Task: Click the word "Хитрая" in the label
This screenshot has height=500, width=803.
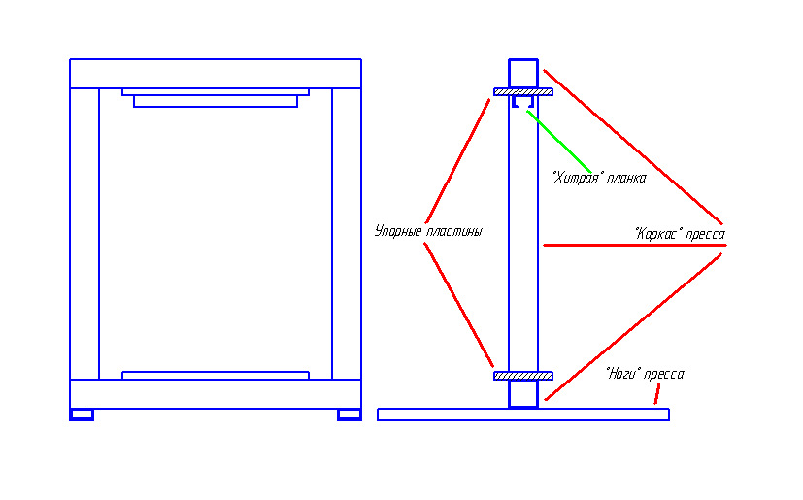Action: pyautogui.click(x=576, y=178)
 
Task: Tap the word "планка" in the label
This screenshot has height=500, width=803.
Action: pyautogui.click(x=626, y=179)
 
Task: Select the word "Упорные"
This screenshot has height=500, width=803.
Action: pyautogui.click(x=398, y=232)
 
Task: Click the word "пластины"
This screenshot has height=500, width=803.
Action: pyautogui.click(x=454, y=232)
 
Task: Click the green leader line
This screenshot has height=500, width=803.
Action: pyautogui.click(x=559, y=142)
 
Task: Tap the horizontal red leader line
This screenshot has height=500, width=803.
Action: pyautogui.click(x=634, y=246)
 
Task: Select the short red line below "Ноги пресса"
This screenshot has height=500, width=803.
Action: pyautogui.click(x=657, y=394)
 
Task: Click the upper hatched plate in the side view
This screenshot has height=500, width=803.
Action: pyautogui.click(x=522, y=92)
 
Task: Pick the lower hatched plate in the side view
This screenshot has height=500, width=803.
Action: pyautogui.click(x=522, y=376)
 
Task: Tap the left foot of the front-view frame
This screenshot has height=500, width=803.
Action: pyautogui.click(x=82, y=415)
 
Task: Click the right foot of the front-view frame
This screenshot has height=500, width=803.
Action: pyautogui.click(x=350, y=415)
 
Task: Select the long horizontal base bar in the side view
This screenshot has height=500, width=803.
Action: pyautogui.click(x=522, y=415)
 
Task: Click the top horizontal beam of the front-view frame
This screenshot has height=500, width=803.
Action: pyautogui.click(x=216, y=74)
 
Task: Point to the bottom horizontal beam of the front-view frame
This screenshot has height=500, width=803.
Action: pyautogui.click(x=216, y=394)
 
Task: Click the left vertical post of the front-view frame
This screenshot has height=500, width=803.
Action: pyautogui.click(x=84, y=234)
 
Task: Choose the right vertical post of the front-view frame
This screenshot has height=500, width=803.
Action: pyautogui.click(x=347, y=234)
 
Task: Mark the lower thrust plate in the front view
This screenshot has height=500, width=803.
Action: pyautogui.click(x=216, y=376)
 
